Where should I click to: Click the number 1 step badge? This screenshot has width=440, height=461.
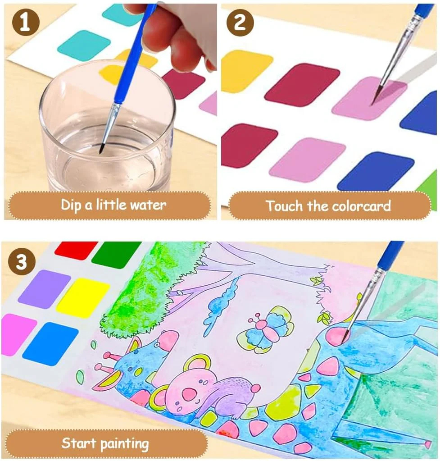coord(26,22)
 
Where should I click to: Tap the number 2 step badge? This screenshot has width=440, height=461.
coord(240,22)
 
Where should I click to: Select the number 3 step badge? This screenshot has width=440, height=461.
coord(22,261)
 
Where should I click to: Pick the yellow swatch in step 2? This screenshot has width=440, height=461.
coord(245,71)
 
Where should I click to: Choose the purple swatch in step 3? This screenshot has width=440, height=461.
coord(44,287)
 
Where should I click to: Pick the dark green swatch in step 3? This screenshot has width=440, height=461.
coord(117,254)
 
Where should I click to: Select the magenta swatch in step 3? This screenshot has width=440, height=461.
coord(18,334)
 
